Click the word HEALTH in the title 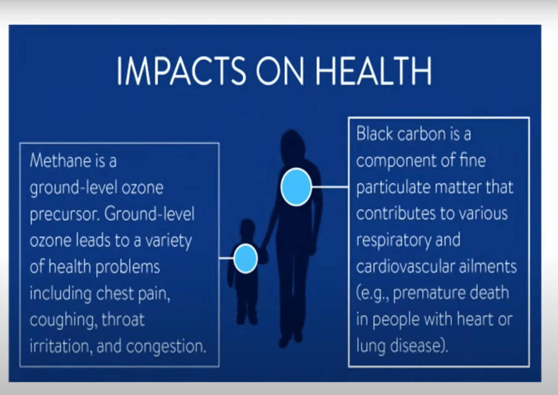pyautogui.click(x=374, y=70)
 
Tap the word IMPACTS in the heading pyautogui.click(x=181, y=70)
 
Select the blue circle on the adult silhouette pyautogui.click(x=296, y=187)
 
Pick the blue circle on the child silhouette pyautogui.click(x=245, y=259)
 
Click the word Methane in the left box pyautogui.click(x=61, y=160)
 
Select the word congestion pyautogui.click(x=166, y=346)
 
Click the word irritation pyautogui.click(x=61, y=346)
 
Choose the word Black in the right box pyautogui.click(x=375, y=134)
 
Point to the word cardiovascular pyautogui.click(x=405, y=267)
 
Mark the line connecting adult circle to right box pyautogui.click(x=330, y=187)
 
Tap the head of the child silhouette pyautogui.click(x=247, y=229)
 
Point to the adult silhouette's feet pyautogui.click(x=291, y=339)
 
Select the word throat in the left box pyautogui.click(x=123, y=319)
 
